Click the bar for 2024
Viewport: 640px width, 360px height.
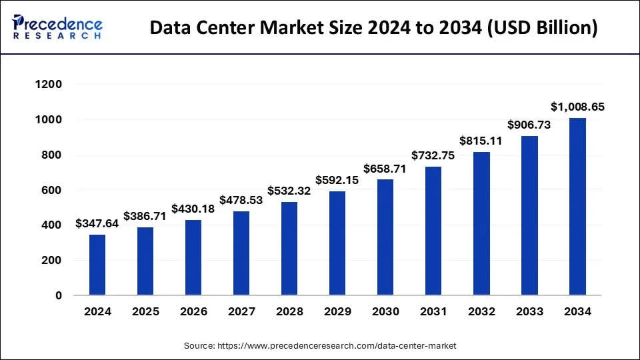(x=97, y=265)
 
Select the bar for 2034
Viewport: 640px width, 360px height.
(x=577, y=207)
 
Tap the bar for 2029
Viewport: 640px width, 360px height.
(x=337, y=243)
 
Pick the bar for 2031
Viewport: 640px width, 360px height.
(x=433, y=231)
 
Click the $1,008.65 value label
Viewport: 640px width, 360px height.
(x=577, y=107)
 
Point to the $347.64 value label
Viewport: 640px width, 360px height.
(x=97, y=223)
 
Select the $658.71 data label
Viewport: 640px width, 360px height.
(x=385, y=168)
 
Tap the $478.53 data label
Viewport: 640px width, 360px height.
(x=241, y=200)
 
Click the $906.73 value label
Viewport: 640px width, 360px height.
(x=529, y=125)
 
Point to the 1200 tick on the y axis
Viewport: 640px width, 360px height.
(x=49, y=85)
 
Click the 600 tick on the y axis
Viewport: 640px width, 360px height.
(x=53, y=190)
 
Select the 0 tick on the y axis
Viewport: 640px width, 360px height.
(x=59, y=295)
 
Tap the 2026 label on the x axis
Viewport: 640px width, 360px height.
(x=193, y=311)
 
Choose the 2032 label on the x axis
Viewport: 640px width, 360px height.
(x=481, y=311)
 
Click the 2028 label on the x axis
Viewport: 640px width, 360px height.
(x=289, y=311)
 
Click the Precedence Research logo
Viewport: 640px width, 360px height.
(x=57, y=27)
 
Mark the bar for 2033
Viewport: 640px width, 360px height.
(x=529, y=215)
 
